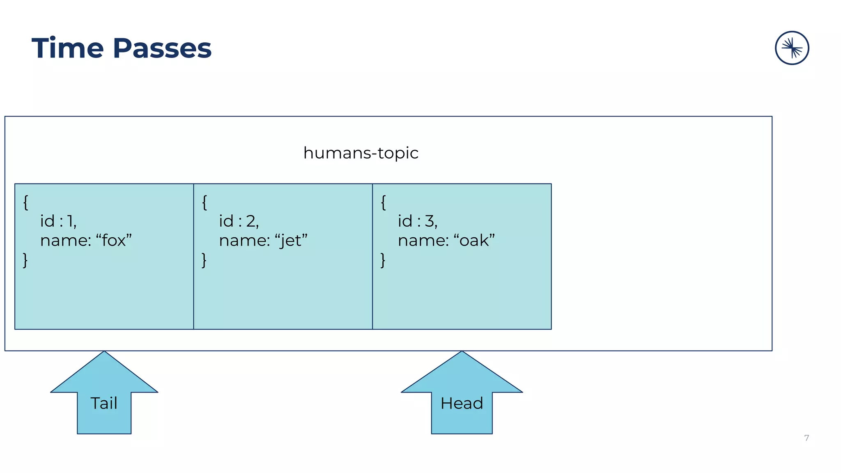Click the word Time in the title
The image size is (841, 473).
click(67, 48)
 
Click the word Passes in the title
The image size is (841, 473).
click(162, 48)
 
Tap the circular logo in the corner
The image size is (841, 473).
click(792, 48)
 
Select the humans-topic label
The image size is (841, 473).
click(361, 153)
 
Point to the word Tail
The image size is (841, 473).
click(104, 403)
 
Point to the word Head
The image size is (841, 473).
click(462, 403)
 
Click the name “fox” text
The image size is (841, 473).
click(86, 240)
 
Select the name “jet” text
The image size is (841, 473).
click(263, 240)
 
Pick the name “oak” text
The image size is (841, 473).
click(446, 240)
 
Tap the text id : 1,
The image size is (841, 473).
click(58, 221)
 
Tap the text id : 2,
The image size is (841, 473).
click(239, 221)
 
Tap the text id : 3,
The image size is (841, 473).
click(418, 221)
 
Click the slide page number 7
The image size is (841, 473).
click(807, 438)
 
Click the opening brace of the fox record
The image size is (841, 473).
click(26, 202)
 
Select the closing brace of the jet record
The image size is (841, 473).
click(204, 260)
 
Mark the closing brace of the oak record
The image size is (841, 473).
click(383, 260)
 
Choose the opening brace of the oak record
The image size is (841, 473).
click(384, 202)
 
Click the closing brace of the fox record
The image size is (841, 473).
click(25, 260)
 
